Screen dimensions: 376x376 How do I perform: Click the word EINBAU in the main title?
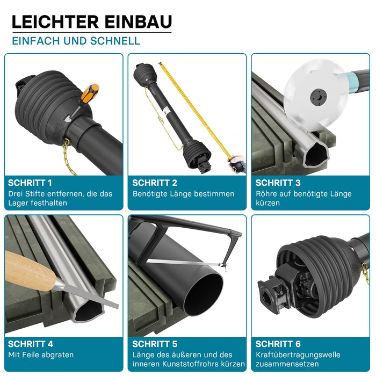point(139,22)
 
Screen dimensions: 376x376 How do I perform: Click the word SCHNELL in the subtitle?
point(115,41)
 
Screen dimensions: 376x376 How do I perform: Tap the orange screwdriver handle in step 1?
point(90,92)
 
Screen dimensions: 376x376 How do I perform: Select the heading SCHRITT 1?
point(30,183)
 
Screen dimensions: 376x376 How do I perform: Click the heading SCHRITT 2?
point(155,183)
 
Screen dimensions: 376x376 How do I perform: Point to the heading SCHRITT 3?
point(278,183)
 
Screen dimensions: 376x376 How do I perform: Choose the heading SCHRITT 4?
point(31,344)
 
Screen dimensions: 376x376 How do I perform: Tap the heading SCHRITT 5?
point(155,344)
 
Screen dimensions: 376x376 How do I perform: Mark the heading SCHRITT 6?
point(278,344)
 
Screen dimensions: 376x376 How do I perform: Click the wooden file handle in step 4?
point(29,271)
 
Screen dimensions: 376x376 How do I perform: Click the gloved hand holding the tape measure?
point(237,163)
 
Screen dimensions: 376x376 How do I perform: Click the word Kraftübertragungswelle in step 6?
point(298,355)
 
